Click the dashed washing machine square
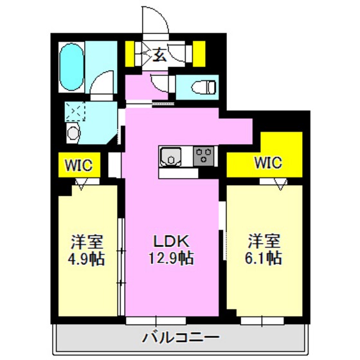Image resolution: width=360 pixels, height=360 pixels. pyautogui.click(x=74, y=114)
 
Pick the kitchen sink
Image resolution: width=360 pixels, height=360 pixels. pyautogui.click(x=171, y=156)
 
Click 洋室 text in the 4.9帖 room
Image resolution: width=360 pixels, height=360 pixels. pyautogui.click(x=88, y=242)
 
